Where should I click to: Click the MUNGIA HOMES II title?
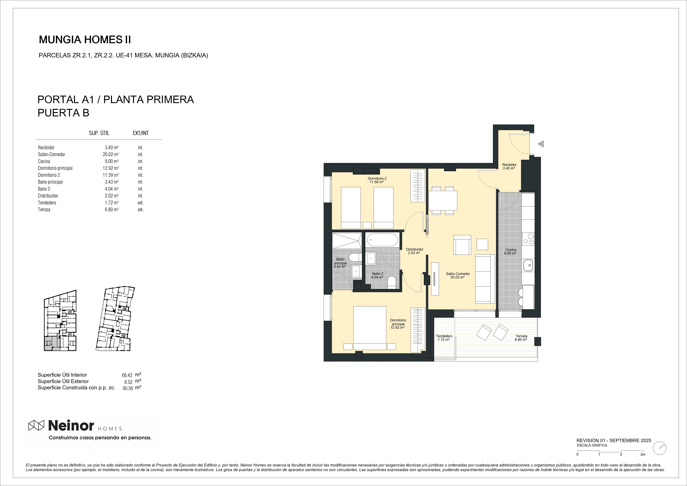coord(85,40)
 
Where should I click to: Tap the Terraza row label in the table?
coord(44,210)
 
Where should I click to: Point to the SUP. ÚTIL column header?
coord(99,133)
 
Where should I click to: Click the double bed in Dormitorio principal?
coord(370,328)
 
